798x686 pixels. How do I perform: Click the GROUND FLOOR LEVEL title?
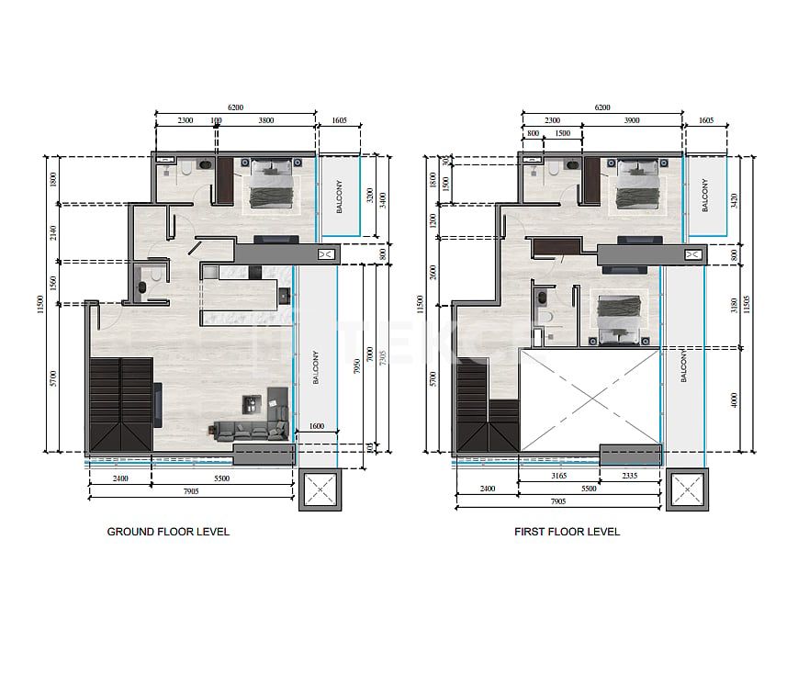point(168,532)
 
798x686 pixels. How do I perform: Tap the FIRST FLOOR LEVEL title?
point(567,532)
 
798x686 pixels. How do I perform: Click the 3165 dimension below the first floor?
point(558,477)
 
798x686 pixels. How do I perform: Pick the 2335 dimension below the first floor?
point(629,477)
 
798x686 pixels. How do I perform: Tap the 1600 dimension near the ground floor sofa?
point(317,427)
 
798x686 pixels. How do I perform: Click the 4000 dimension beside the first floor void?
point(733,400)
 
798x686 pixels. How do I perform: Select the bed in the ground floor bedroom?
point(270,186)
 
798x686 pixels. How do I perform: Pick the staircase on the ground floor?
point(121,404)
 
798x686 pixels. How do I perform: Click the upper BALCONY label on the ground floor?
point(340,196)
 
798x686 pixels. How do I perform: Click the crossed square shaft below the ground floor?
point(320,488)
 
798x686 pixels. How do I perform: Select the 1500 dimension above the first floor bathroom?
point(562,134)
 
